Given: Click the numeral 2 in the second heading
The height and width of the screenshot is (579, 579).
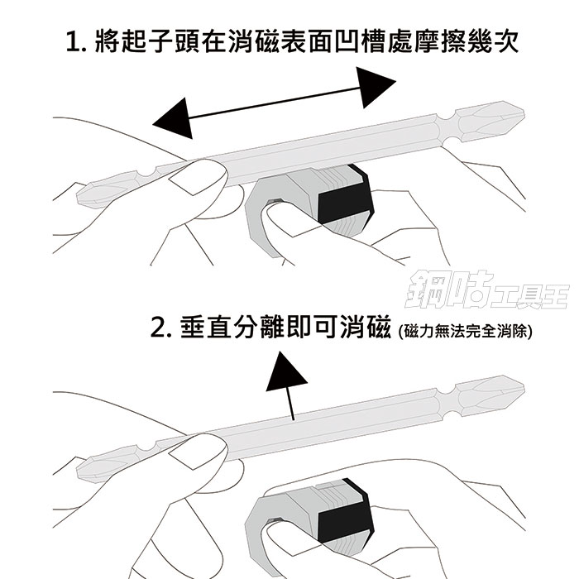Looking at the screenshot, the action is [x=158, y=328].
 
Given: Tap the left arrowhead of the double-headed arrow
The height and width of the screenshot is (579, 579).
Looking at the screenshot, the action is [x=173, y=118].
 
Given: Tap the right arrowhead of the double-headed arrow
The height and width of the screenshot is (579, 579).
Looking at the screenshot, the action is [x=376, y=87].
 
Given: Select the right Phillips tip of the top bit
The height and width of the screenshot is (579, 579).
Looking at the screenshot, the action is [x=491, y=121].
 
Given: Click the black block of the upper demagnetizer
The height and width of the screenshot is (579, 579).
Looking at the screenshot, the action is [x=344, y=200].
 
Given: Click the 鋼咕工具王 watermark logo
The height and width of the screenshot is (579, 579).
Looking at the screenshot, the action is [x=486, y=290].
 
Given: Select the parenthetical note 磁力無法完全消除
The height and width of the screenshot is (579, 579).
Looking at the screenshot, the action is [x=465, y=331].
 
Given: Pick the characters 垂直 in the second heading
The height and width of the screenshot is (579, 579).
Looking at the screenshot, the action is [x=206, y=328].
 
